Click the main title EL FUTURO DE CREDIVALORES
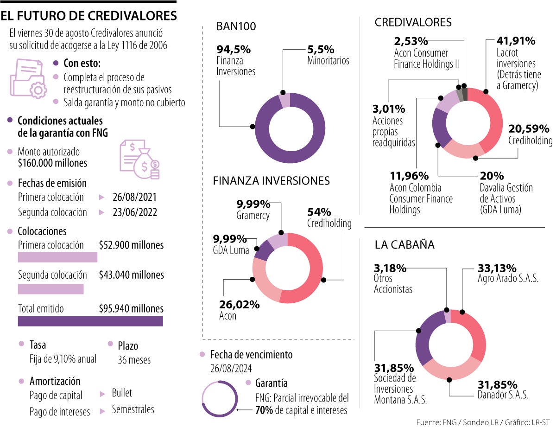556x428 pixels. tap(88, 16)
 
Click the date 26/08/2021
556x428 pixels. tap(134, 197)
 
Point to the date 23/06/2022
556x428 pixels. tap(134, 212)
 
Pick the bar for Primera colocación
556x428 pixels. tap(57, 257)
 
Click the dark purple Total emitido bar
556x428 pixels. tap(90, 321)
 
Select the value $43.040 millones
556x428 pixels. tap(131, 275)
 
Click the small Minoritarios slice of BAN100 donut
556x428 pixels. tap(284, 100)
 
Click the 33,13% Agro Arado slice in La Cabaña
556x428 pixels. tap(471, 334)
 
